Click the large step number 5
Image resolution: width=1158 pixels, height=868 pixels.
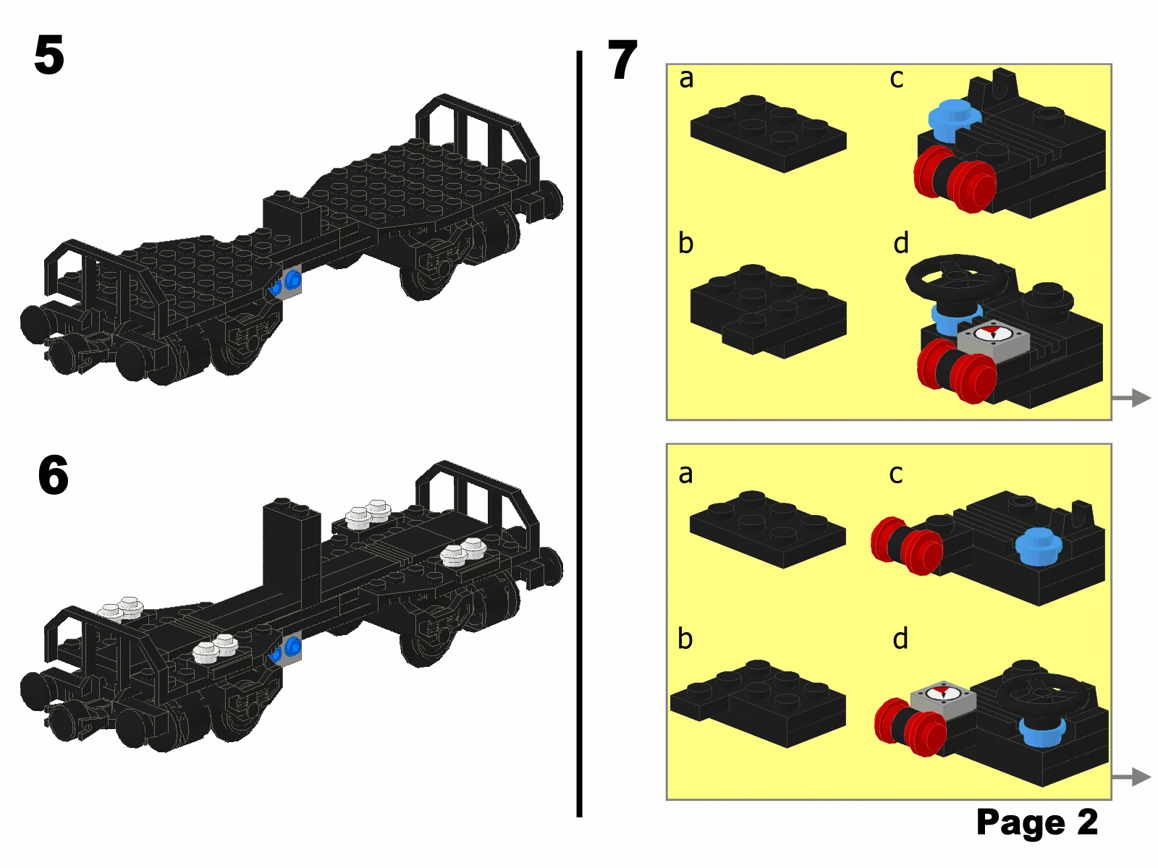point(49,55)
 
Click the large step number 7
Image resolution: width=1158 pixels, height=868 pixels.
point(622,59)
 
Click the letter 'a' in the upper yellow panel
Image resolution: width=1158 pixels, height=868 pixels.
point(686,79)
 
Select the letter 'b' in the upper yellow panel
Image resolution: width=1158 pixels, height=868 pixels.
point(686,242)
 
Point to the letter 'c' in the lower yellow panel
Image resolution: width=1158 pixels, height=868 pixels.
point(896,475)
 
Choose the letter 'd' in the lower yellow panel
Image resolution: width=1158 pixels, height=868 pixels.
point(900,638)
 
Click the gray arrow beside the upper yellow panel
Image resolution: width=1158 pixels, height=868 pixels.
point(1132,398)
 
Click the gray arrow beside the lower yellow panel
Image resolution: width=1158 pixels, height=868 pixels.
point(1132,777)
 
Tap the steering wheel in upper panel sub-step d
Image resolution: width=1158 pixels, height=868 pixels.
point(958,276)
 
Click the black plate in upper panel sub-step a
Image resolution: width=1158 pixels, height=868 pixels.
point(768,134)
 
